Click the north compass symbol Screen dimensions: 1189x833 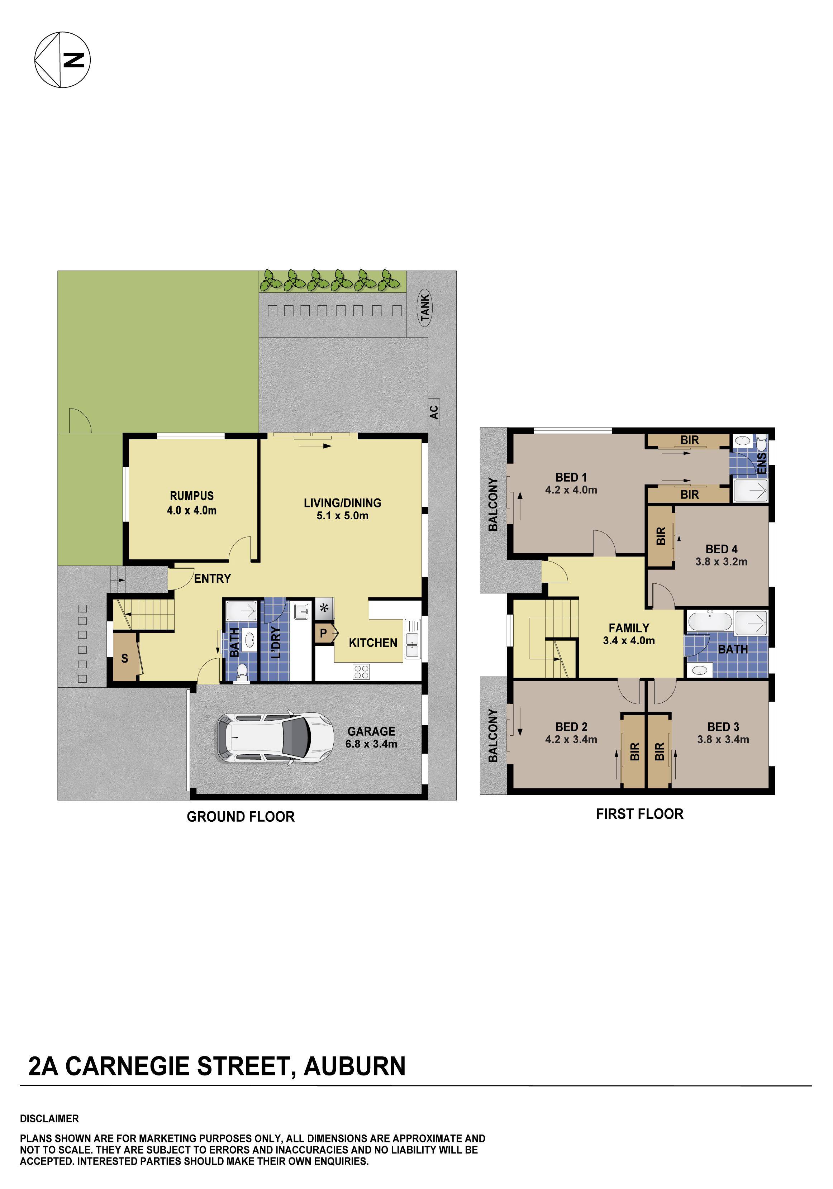click(62, 59)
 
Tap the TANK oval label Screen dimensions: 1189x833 click(425, 307)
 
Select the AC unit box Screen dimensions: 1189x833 click(434, 412)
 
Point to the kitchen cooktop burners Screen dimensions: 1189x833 click(361, 672)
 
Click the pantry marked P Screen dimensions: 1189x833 click(324, 633)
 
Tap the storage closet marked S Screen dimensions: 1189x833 click(124, 659)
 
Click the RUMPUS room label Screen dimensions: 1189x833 click(192, 496)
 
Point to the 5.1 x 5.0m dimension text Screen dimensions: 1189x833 click(342, 516)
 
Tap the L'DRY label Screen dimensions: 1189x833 click(276, 643)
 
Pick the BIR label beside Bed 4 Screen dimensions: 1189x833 click(661, 536)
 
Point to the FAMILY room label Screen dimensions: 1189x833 click(628, 628)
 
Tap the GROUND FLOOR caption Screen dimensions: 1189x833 click(241, 817)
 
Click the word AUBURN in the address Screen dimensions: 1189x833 click(354, 1066)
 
